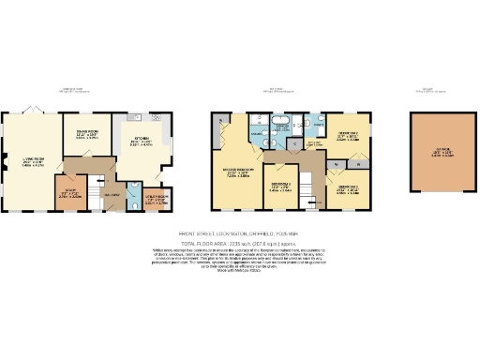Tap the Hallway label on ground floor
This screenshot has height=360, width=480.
click(x=112, y=194)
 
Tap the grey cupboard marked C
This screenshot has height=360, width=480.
click(x=294, y=144)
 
